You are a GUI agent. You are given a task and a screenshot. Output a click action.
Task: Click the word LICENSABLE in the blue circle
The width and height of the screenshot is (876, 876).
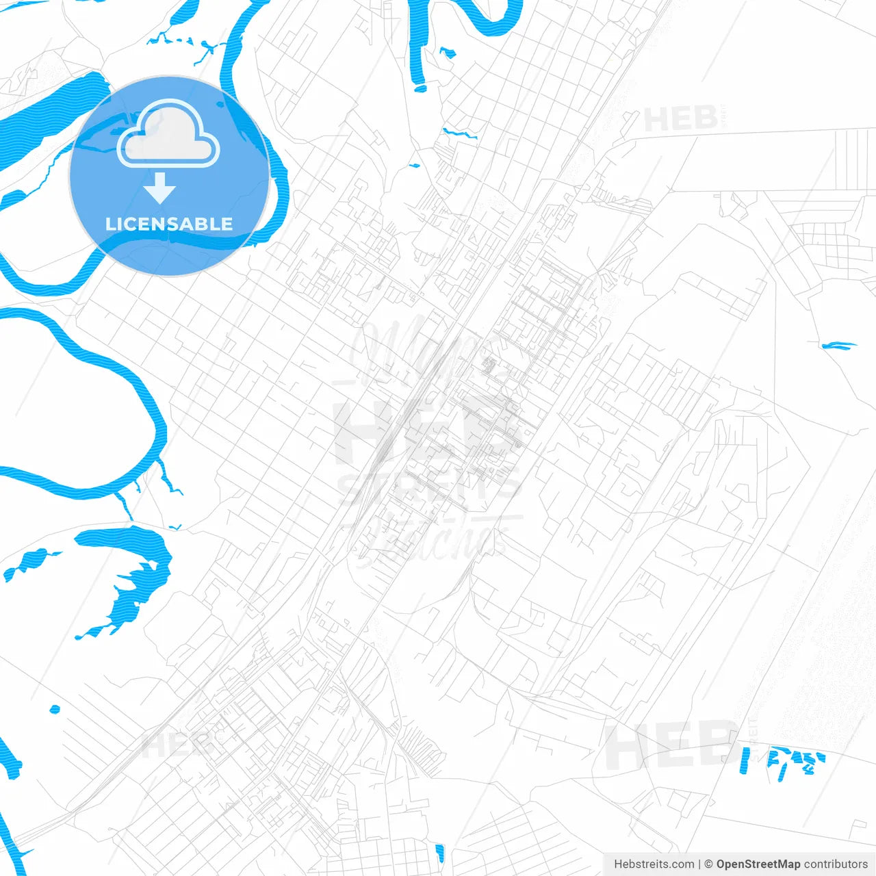coord(169,224)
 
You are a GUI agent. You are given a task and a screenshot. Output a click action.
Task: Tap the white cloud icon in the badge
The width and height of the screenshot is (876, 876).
coord(168,135)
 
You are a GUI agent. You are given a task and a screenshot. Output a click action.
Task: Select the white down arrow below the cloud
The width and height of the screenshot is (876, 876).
coord(160,188)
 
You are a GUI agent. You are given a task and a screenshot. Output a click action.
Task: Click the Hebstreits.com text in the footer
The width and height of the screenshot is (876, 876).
coord(654,864)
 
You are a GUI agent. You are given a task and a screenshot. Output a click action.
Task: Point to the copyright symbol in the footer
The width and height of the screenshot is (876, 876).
coord(708,864)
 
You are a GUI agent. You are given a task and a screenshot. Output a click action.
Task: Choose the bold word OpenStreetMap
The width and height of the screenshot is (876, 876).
coord(758,864)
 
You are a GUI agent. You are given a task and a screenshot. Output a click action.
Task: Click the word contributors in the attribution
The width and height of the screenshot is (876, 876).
coord(835,864)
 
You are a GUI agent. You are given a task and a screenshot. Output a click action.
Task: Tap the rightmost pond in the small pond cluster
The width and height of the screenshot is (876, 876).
coord(819,758)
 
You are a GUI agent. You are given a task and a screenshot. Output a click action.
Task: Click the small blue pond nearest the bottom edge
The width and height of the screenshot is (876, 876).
coord(439,853)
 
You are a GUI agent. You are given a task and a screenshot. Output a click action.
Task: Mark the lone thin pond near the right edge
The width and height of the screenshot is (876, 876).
coord(838,346)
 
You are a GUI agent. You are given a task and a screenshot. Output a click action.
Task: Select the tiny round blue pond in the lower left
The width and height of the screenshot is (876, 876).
coord(55,709)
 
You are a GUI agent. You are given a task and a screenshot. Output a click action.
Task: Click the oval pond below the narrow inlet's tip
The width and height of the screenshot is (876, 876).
coord(420,88)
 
